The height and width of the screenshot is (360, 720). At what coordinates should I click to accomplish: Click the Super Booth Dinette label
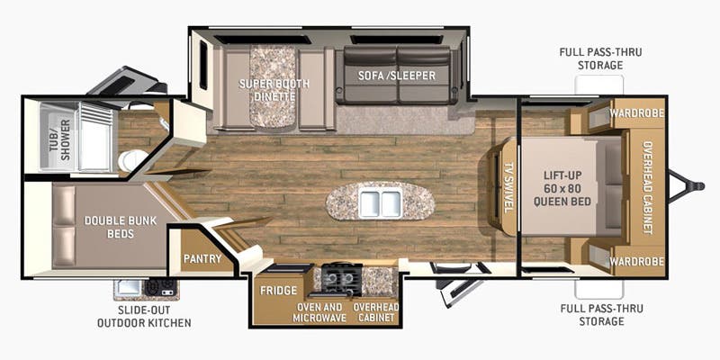274,90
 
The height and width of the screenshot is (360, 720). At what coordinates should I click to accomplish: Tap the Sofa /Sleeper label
396,76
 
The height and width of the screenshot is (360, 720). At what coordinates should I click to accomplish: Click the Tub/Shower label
60,139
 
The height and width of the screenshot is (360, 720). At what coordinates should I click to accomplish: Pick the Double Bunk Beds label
121,227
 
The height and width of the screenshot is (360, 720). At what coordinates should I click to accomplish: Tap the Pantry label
202,258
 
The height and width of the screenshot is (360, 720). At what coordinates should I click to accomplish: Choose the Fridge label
278,291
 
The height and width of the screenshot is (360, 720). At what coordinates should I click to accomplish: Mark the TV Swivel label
508,187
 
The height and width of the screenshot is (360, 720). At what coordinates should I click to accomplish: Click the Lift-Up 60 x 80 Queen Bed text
567,188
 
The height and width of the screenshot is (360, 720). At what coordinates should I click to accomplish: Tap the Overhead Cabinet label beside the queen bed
647,187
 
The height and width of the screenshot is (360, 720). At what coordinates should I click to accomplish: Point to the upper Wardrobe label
637,113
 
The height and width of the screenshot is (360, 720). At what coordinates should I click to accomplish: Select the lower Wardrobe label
637,262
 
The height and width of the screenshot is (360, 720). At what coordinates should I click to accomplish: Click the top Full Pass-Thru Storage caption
600,58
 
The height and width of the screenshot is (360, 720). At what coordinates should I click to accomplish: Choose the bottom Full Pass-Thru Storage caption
601,314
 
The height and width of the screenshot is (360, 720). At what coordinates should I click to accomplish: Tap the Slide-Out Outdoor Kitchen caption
144,317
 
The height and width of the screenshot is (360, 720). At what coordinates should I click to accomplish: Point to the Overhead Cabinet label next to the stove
376,312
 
